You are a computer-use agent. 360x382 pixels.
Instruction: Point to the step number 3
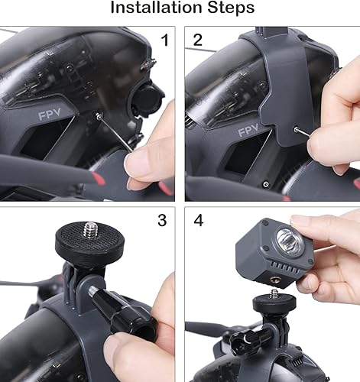pyautogui.click(x=161, y=221)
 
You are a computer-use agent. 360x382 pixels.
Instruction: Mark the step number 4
pyautogui.click(x=198, y=221)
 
